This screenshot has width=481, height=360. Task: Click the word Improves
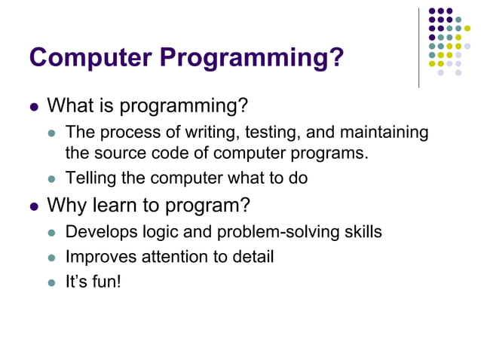coord(97,257)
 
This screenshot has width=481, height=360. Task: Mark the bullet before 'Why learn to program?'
coord(33,206)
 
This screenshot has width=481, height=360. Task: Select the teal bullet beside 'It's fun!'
coord(52,284)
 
